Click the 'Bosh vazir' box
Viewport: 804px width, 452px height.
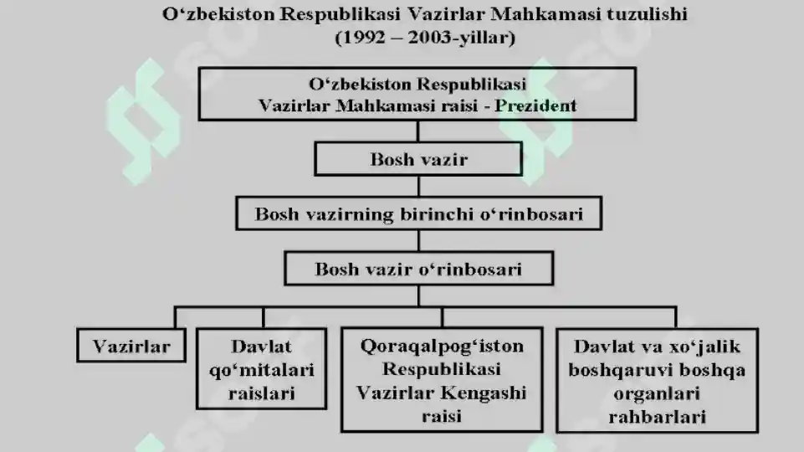click(418, 159)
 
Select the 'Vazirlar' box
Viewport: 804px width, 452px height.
click(131, 346)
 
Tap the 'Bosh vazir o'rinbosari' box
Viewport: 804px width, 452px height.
click(419, 269)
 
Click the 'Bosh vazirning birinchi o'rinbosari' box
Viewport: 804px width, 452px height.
click(419, 213)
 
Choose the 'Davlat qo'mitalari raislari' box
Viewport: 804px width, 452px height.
click(262, 369)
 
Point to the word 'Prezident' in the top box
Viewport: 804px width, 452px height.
click(535, 105)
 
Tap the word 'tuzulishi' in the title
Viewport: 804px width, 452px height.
click(647, 14)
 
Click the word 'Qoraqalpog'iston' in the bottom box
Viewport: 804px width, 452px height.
click(442, 347)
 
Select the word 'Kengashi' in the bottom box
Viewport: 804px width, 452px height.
click(483, 393)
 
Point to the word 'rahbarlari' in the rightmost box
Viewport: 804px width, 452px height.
click(658, 417)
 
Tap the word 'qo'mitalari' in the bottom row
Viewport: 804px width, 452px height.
click(262, 370)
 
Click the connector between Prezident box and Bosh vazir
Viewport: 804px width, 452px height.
click(418, 131)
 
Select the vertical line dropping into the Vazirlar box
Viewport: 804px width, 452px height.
click(176, 317)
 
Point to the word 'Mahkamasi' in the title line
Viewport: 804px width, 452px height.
click(545, 14)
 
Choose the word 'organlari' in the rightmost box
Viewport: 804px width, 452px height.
click(657, 393)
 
